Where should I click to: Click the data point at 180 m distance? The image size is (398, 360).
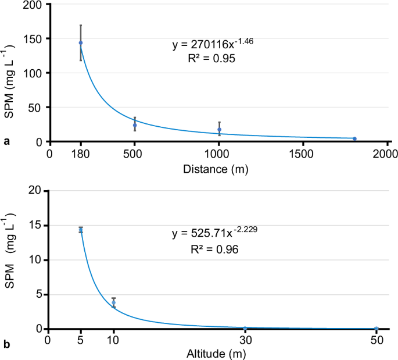click(81, 43)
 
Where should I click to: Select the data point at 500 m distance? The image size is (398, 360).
click(135, 125)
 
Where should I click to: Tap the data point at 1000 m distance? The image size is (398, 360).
click(219, 130)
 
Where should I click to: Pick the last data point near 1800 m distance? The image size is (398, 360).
click(354, 138)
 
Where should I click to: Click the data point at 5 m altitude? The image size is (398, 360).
click(81, 230)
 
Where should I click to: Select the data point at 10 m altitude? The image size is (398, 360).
click(114, 302)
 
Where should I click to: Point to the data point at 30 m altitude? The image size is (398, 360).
click(245, 329)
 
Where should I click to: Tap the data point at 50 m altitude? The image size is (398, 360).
click(377, 329)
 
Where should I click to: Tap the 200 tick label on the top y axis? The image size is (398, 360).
click(32, 5)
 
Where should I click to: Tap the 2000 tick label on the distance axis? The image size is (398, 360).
click(385, 154)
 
